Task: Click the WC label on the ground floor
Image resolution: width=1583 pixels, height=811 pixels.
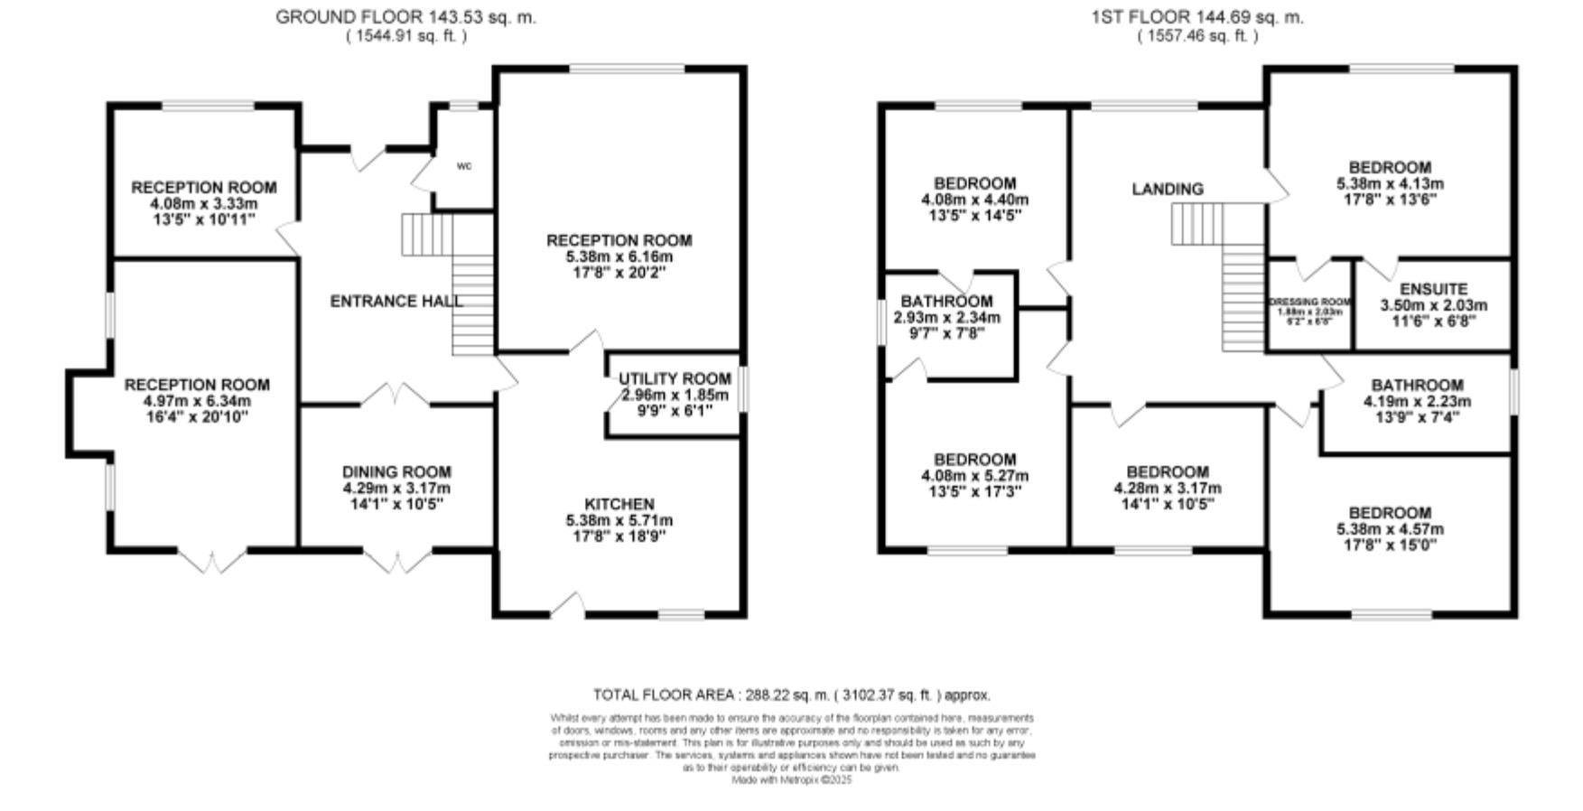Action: (x=464, y=166)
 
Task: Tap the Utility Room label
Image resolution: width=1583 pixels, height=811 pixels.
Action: (x=675, y=378)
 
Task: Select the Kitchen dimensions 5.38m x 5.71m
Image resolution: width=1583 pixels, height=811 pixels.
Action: (x=619, y=520)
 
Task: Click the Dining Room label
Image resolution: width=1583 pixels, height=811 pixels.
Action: (x=396, y=471)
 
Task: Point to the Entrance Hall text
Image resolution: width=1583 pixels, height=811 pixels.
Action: (x=396, y=302)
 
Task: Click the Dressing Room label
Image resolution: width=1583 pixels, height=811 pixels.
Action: (x=1309, y=303)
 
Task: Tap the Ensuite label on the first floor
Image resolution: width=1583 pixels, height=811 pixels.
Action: (x=1433, y=289)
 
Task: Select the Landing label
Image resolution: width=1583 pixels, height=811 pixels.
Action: (x=1168, y=189)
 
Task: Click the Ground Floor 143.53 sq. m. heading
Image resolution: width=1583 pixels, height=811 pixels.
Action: (x=405, y=17)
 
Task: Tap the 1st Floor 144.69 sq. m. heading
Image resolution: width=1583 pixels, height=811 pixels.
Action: (x=1197, y=17)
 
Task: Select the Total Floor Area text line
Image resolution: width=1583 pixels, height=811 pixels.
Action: (x=791, y=694)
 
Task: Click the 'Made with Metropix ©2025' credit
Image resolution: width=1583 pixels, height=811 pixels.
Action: (x=791, y=779)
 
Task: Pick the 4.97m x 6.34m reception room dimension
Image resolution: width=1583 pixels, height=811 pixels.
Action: (x=196, y=401)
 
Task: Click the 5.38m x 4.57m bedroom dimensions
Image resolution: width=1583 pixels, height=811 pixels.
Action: (x=1389, y=529)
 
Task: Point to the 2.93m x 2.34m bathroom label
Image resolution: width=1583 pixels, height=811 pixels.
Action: (x=946, y=317)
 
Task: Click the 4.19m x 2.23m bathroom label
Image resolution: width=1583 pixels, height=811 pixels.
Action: (x=1416, y=401)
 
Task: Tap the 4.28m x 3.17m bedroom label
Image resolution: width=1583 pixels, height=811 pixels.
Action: (x=1167, y=488)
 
